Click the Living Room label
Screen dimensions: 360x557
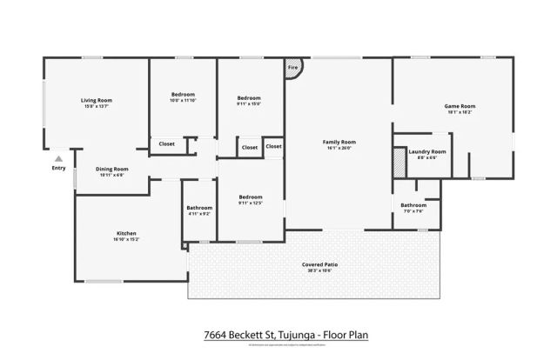[97, 100]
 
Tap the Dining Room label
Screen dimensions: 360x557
[111, 169]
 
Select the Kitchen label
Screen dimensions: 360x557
[126, 233]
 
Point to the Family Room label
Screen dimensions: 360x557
[339, 142]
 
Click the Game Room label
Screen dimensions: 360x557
[460, 106]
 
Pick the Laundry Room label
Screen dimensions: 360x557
[426, 151]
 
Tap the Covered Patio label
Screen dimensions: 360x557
[319, 263]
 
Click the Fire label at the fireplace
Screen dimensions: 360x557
[293, 67]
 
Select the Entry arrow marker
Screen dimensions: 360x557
[58, 159]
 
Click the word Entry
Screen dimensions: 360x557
[58, 168]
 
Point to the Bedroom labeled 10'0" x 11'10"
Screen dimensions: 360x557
[183, 94]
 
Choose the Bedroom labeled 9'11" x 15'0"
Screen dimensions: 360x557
[249, 97]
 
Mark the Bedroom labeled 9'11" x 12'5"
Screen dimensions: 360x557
[251, 197]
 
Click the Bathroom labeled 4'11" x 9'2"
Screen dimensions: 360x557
[199, 208]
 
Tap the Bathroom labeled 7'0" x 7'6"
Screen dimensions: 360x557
[413, 205]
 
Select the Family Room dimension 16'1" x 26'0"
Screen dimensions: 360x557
[339, 148]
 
